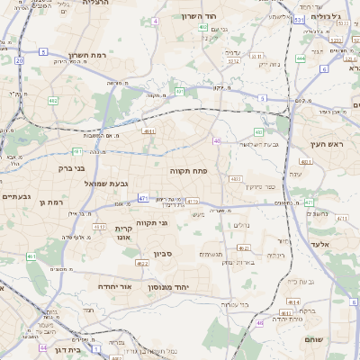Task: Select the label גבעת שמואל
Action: tap(86, 183)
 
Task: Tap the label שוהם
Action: tap(332, 340)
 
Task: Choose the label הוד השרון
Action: tap(201, 16)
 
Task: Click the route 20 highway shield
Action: tap(19, 59)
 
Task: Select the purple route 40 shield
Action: tap(217, 140)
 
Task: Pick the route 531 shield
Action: tap(298, 19)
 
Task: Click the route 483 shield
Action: tap(258, 132)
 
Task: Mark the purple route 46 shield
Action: tap(261, 321)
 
